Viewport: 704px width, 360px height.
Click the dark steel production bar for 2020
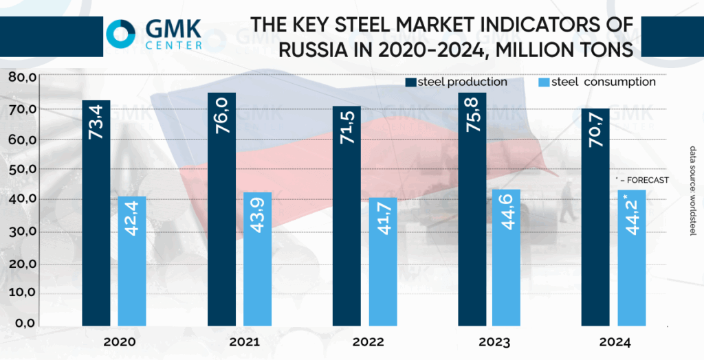96,213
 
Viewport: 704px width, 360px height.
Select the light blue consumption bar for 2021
258,258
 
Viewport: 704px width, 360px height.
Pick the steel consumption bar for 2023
507,257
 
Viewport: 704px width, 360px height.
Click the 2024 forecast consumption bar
632,257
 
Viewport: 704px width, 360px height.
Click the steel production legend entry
456,82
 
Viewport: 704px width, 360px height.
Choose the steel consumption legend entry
596,82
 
